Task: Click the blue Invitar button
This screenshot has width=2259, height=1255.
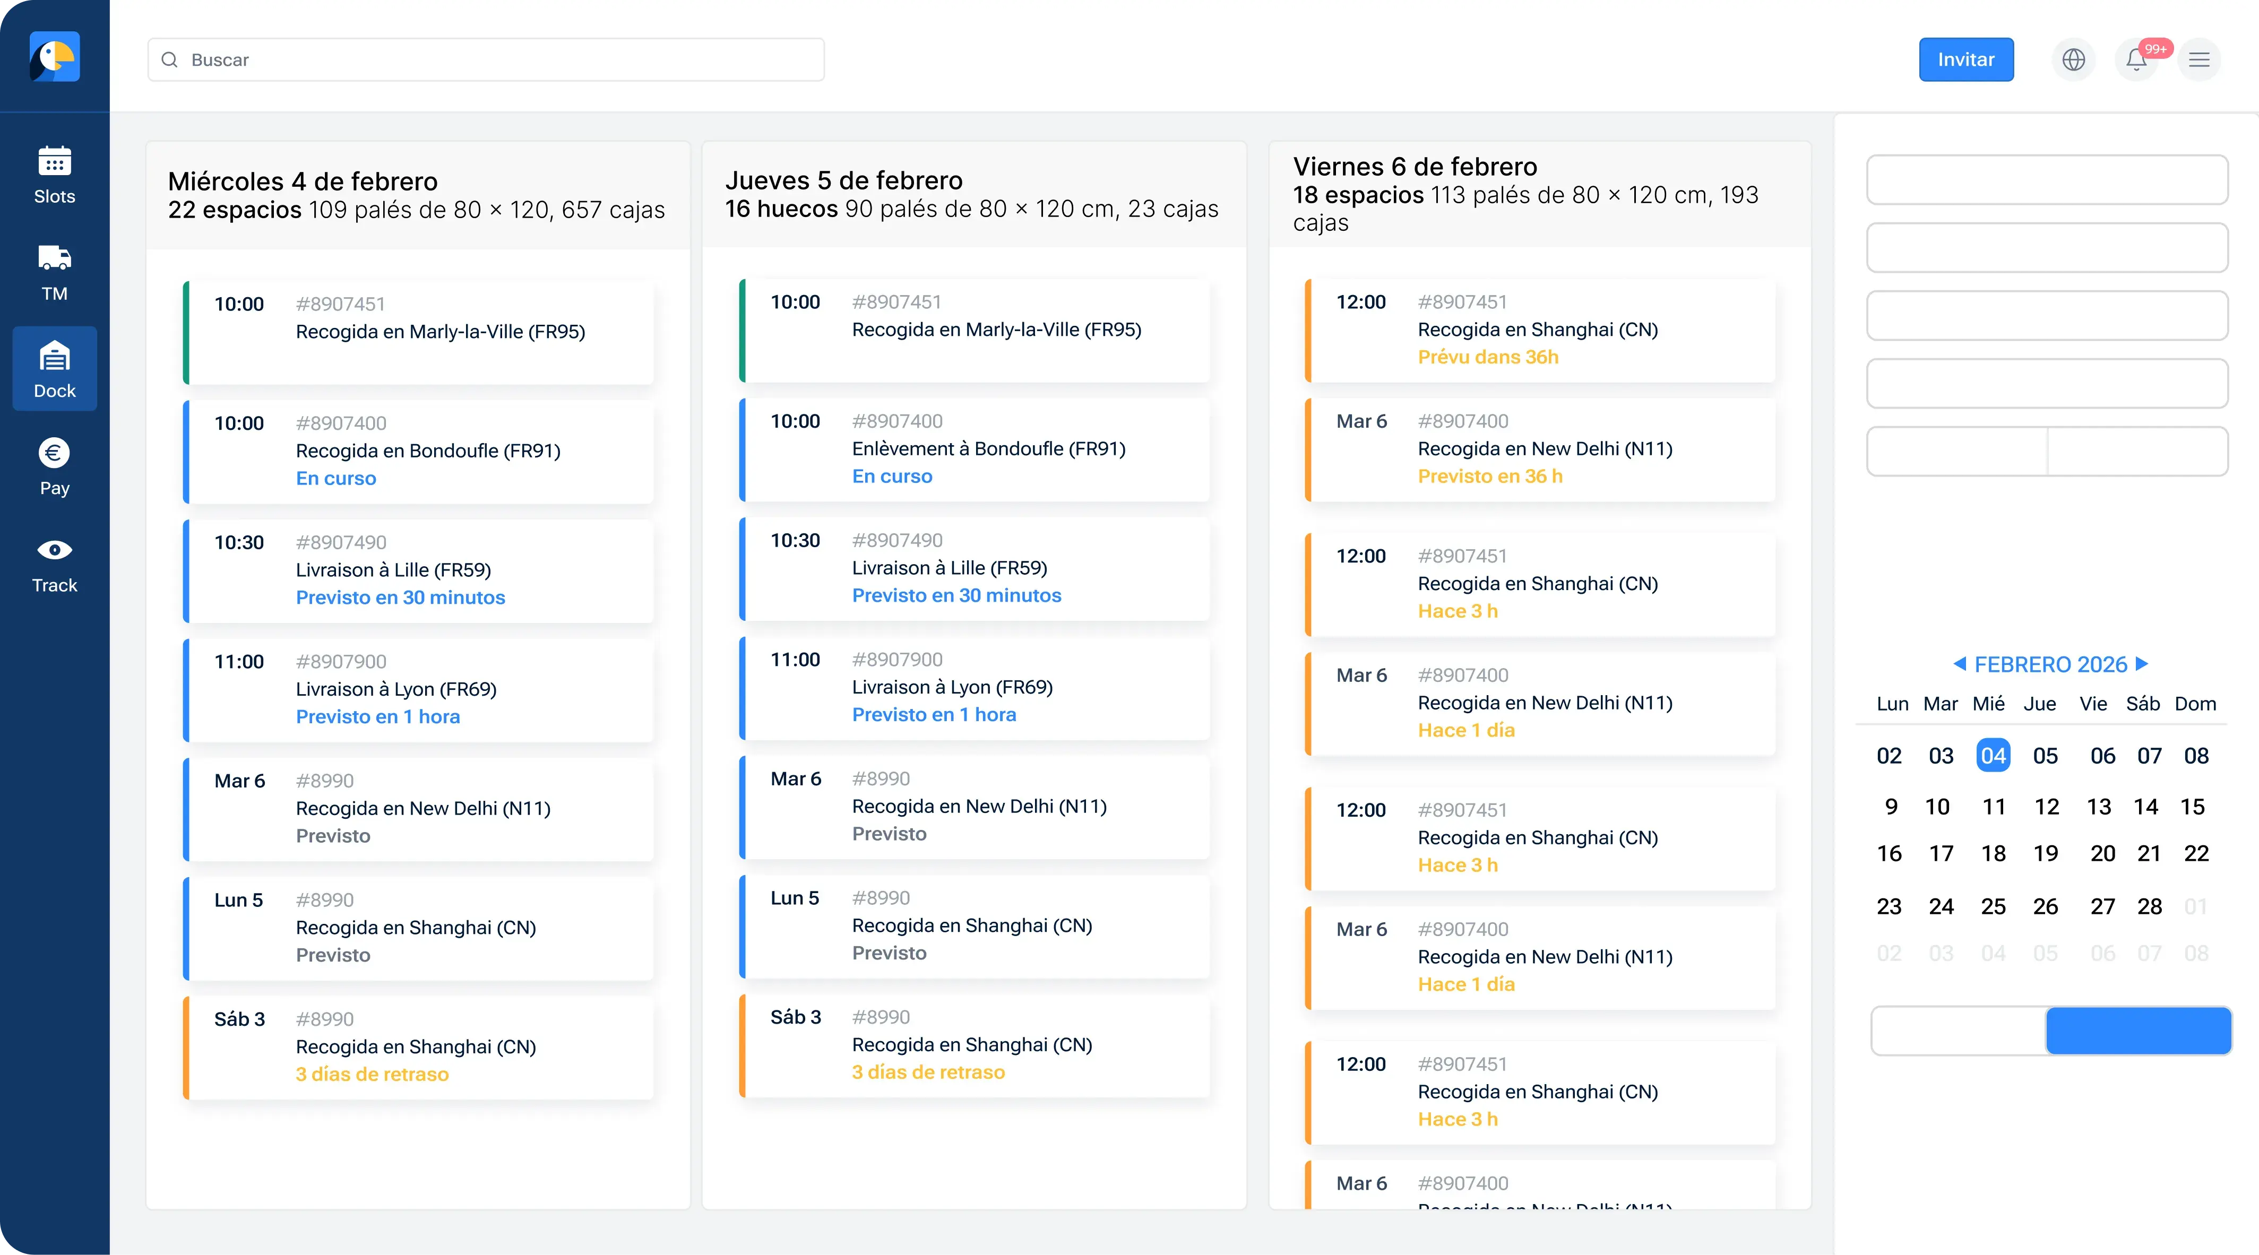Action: pos(1965,59)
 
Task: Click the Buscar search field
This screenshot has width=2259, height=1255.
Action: pos(486,59)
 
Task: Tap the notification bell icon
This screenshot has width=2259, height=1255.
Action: pos(2136,59)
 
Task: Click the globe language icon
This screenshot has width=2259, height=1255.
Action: pos(2073,59)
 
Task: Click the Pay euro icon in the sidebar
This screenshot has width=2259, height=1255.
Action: pos(54,453)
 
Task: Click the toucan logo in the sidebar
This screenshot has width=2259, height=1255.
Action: pos(54,57)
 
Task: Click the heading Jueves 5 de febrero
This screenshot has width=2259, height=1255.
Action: pos(843,180)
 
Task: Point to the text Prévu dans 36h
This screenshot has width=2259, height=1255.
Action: pos(1488,357)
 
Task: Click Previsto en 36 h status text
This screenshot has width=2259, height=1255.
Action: pos(1490,476)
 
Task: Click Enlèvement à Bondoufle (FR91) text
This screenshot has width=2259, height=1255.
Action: pos(988,449)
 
